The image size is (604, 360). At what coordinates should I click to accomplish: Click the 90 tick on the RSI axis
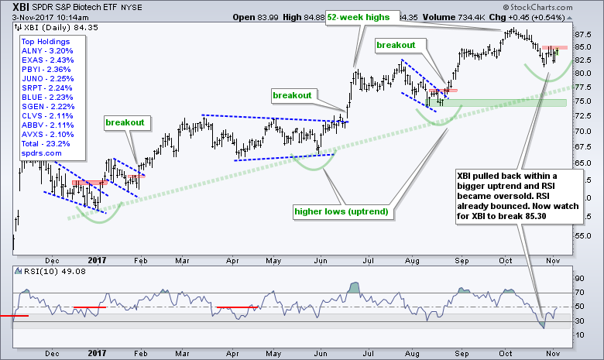point(578,276)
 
